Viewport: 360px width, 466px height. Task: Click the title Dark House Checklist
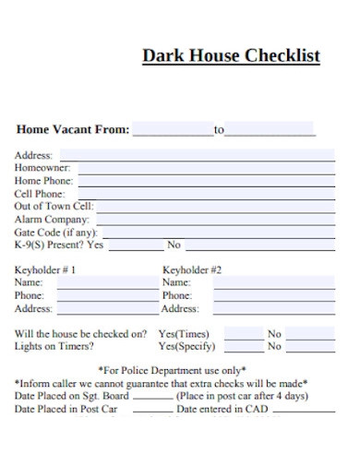(x=231, y=55)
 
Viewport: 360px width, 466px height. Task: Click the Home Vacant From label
(x=72, y=130)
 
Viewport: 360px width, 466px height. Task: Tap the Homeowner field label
(x=42, y=169)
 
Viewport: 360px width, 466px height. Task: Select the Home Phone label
(x=42, y=182)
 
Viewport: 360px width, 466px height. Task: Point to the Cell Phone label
(x=39, y=195)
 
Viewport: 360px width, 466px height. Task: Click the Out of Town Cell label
(x=54, y=208)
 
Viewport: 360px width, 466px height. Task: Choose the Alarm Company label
(x=52, y=221)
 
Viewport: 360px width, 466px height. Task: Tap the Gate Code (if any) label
(x=56, y=233)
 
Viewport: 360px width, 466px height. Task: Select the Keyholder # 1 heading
(x=45, y=270)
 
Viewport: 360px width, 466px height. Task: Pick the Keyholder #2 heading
(x=192, y=270)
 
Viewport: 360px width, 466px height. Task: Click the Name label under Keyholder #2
(x=176, y=282)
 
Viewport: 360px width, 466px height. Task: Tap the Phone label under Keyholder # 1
(x=29, y=295)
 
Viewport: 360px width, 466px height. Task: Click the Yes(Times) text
(x=184, y=334)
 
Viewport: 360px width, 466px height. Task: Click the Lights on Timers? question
(x=54, y=347)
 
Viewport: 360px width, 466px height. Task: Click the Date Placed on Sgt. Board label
(x=71, y=396)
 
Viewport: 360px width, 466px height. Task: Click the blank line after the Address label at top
(x=195, y=157)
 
